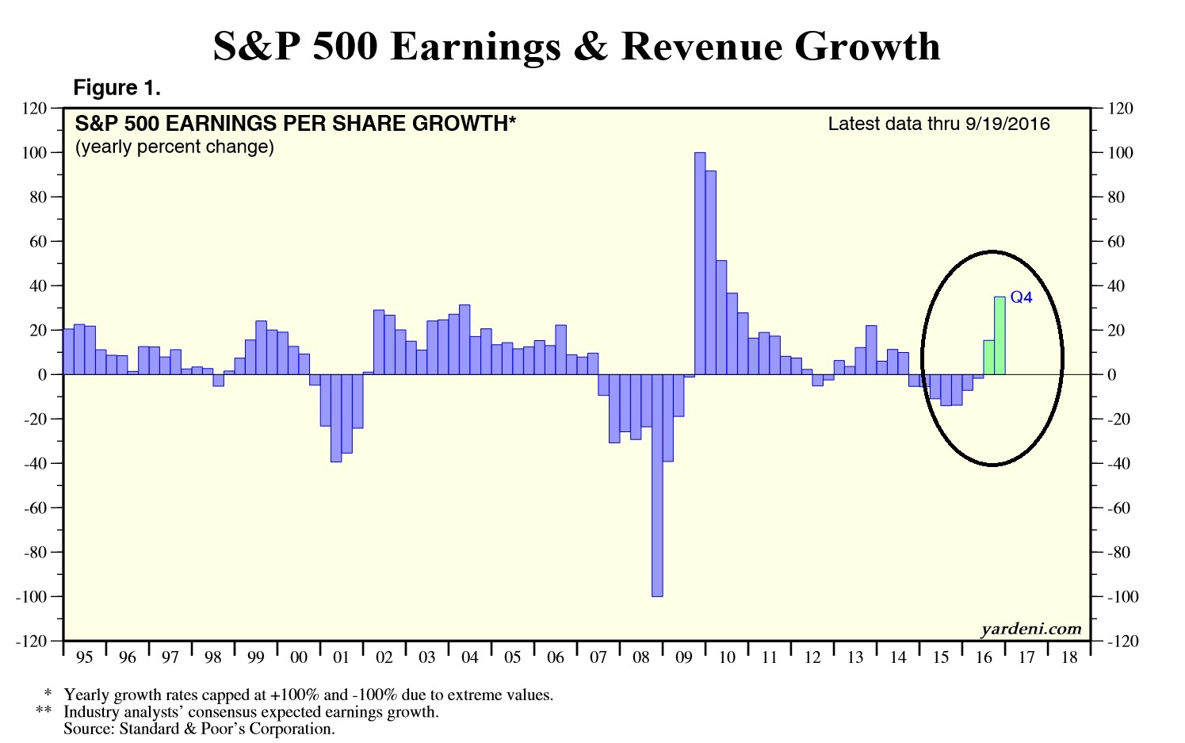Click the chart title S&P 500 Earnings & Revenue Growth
[576, 46]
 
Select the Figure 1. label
[117, 88]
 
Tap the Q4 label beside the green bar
[1022, 297]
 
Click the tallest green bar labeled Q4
[1000, 335]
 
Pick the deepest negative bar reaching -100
[657, 485]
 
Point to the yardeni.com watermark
[1030, 629]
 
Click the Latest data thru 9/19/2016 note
[938, 124]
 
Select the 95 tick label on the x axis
[84, 657]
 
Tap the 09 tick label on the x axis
[683, 657]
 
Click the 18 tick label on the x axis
[1068, 657]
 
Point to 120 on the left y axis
[37, 109]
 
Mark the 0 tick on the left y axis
[43, 374]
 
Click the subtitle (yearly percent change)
[174, 147]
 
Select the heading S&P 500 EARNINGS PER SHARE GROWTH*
[295, 124]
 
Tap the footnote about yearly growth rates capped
[308, 695]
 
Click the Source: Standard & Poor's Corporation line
[199, 729]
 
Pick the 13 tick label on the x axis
[854, 657]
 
